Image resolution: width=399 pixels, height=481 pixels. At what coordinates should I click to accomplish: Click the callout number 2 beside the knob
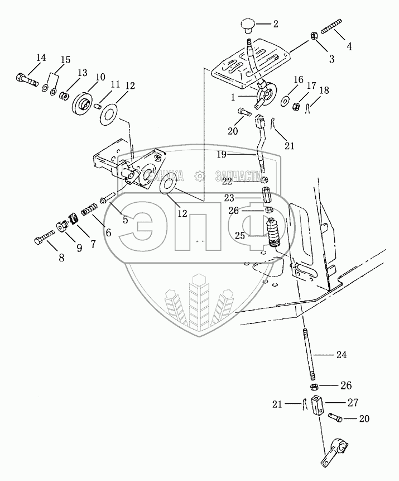[275, 24]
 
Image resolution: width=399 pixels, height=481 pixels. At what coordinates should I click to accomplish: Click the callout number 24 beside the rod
[340, 354]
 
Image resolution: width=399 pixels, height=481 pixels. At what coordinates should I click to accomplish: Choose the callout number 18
[324, 91]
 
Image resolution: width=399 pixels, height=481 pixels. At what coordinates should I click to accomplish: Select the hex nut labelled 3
[315, 35]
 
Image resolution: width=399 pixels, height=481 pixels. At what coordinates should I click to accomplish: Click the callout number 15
[65, 60]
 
